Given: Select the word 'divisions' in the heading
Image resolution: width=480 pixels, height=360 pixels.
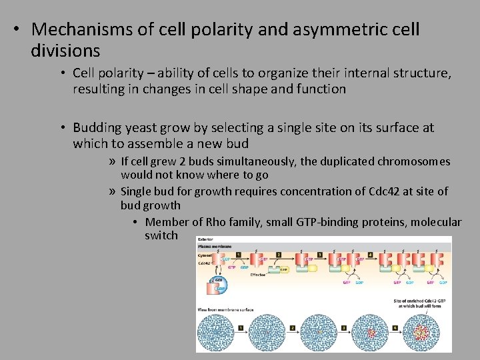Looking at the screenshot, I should point(65,50).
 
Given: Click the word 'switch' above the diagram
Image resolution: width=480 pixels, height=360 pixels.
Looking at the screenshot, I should point(161,235).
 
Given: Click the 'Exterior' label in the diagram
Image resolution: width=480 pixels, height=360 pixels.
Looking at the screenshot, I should point(205,239).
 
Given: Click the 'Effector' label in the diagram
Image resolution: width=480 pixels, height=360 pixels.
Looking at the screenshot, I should point(258,274).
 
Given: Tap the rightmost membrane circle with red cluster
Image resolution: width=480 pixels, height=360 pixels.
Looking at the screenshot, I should point(420,333).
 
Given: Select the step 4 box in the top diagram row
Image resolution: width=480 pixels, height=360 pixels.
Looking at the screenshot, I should point(370,254).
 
